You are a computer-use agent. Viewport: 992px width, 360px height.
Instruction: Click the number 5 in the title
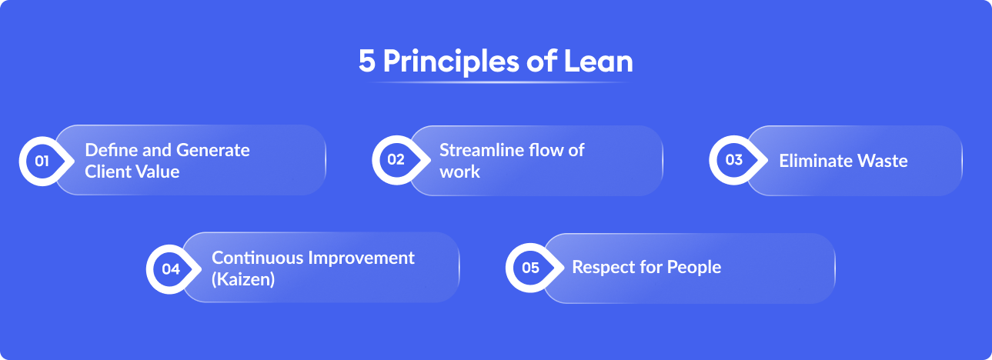tap(368, 62)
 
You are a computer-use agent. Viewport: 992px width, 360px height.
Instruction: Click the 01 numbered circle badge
tap(42, 162)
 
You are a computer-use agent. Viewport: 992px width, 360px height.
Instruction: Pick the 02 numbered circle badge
tap(396, 161)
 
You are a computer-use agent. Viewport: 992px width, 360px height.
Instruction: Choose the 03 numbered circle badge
tap(733, 160)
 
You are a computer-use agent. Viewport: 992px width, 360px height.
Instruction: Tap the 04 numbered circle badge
tap(170, 269)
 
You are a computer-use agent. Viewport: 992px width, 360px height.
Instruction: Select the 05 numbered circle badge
tap(530, 268)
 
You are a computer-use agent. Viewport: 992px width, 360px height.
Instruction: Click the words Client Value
tap(132, 172)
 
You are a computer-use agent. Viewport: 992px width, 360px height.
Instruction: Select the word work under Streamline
tap(459, 172)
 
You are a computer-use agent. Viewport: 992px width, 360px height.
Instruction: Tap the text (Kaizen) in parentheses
tap(243, 279)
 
